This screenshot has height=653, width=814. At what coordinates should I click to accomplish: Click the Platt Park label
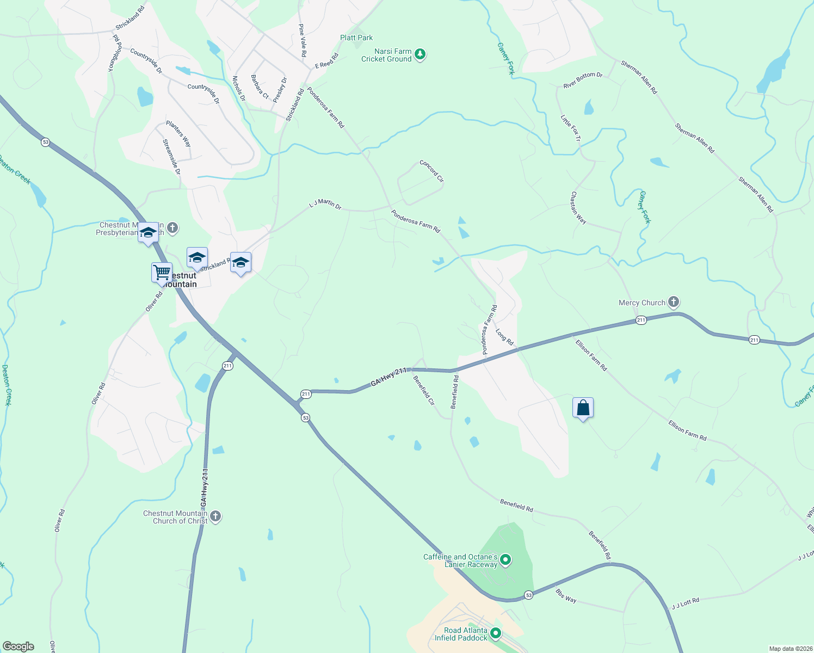[356, 38]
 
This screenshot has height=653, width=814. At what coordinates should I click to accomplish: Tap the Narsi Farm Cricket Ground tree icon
[420, 54]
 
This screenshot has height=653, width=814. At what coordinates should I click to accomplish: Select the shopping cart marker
[162, 273]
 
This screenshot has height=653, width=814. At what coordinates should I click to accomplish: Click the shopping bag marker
[583, 408]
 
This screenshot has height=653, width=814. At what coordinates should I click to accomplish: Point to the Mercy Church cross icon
[674, 302]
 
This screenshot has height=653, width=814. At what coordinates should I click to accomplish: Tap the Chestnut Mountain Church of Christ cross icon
[215, 516]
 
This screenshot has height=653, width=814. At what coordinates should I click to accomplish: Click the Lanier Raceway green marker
[505, 559]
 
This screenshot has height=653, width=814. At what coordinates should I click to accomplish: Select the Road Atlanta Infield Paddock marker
[496, 633]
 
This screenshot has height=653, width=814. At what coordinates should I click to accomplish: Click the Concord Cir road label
[431, 171]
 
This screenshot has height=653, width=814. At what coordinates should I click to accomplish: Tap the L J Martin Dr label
[325, 204]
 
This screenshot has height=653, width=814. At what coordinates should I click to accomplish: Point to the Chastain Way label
[578, 208]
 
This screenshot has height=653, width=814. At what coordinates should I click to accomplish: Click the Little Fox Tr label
[571, 128]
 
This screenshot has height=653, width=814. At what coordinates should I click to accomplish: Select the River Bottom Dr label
[583, 80]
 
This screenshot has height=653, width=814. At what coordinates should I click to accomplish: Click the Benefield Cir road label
[424, 390]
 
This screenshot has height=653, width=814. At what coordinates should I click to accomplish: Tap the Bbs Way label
[566, 595]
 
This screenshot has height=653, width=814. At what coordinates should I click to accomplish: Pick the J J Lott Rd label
[685, 603]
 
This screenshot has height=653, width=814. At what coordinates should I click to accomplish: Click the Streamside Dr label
[171, 157]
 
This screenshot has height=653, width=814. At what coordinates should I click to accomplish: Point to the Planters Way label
[178, 134]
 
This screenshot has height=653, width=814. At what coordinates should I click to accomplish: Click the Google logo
[18, 646]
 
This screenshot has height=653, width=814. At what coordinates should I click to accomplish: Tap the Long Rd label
[504, 337]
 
